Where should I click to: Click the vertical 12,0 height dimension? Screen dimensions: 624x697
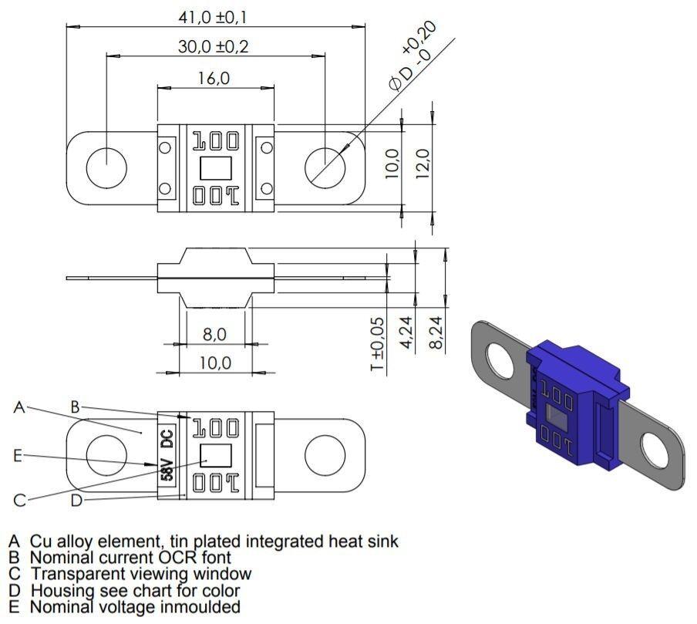(x=422, y=164)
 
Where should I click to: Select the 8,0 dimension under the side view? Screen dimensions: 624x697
(x=214, y=334)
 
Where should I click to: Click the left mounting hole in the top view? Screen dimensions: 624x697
(x=106, y=167)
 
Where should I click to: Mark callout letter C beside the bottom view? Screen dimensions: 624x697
(x=19, y=501)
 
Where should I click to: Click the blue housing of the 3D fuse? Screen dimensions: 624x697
(x=571, y=409)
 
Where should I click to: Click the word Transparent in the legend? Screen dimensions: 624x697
(x=76, y=574)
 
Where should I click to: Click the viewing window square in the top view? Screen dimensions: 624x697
(x=215, y=167)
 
